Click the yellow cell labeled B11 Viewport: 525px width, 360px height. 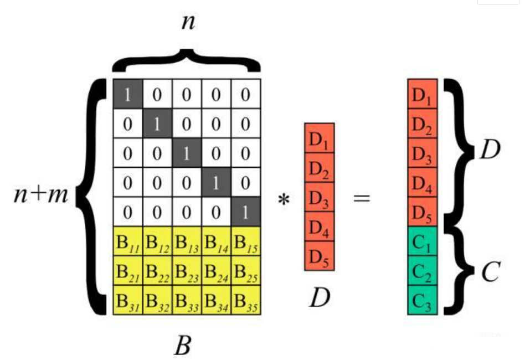(x=128, y=241)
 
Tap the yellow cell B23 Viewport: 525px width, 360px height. (x=187, y=271)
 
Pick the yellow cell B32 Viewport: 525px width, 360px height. (x=157, y=300)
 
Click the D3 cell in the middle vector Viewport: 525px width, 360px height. (x=320, y=197)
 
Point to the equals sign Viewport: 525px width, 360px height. (x=362, y=197)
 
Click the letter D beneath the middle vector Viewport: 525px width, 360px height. (x=319, y=299)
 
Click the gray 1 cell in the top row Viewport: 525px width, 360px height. (x=128, y=94)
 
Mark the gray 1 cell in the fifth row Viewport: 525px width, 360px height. (x=245, y=212)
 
